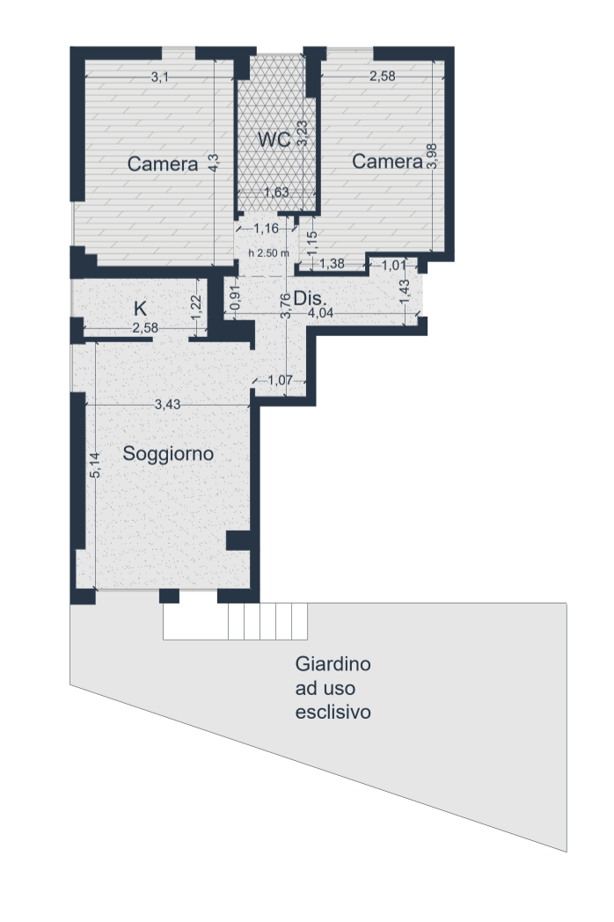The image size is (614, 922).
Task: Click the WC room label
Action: click(274, 140)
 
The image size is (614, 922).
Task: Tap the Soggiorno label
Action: click(168, 454)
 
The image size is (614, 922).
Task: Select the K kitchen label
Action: click(140, 308)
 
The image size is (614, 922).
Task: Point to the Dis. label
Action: click(310, 299)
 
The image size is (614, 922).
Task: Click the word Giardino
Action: click(333, 664)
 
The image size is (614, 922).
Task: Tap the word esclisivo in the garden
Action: click(333, 712)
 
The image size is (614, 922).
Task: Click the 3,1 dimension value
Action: click(160, 77)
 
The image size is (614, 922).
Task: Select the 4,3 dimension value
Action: click(214, 163)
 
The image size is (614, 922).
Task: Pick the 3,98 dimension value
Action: click(433, 157)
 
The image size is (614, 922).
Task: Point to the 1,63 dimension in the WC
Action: click(276, 193)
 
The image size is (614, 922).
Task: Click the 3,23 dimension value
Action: click(303, 134)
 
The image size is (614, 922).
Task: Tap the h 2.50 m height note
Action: click(269, 253)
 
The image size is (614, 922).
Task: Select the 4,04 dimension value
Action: click(321, 313)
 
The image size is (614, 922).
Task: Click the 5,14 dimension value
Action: click(97, 465)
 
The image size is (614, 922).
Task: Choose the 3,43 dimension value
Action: click(168, 405)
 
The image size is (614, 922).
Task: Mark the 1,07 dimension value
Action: click(280, 380)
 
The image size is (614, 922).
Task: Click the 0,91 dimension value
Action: click(235, 298)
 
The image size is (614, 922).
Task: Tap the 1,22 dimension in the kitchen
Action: click(196, 306)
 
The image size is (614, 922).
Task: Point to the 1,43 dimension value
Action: click(405, 292)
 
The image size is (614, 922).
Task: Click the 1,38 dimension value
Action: click(333, 264)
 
